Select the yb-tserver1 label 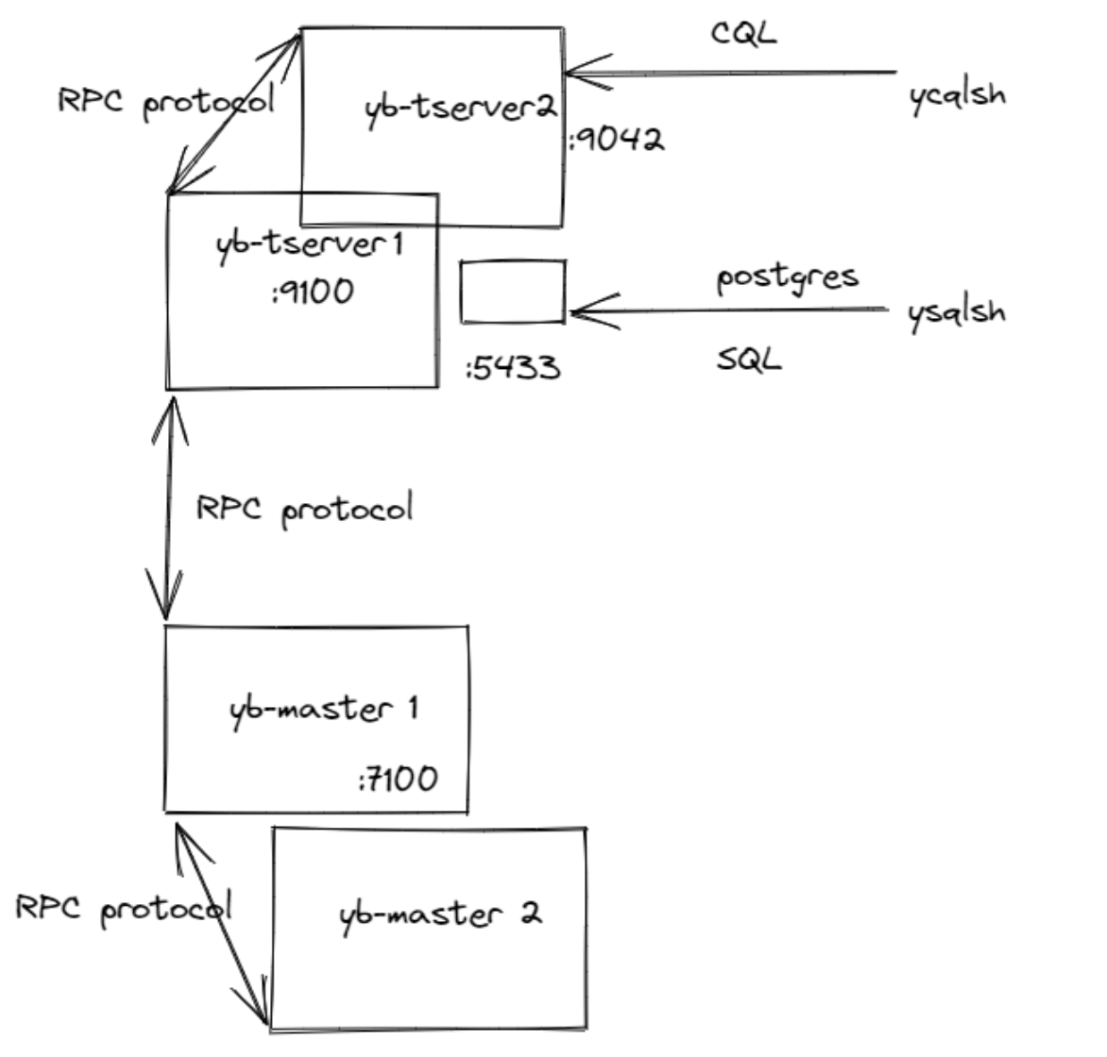click(x=310, y=244)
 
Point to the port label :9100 click(x=312, y=291)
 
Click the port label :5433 click(x=513, y=366)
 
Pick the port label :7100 click(x=398, y=780)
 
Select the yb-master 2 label click(x=440, y=914)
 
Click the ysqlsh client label click(x=956, y=312)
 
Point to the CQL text click(x=743, y=33)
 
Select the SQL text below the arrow click(x=749, y=359)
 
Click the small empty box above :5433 click(x=513, y=293)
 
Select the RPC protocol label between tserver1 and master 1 click(x=304, y=510)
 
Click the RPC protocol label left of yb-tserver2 click(x=165, y=101)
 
